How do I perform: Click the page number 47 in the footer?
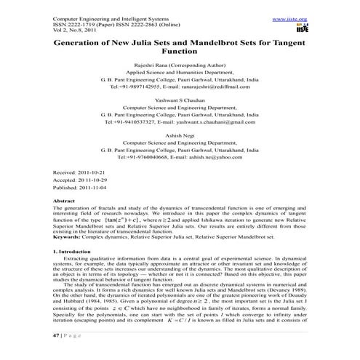[58, 353]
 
